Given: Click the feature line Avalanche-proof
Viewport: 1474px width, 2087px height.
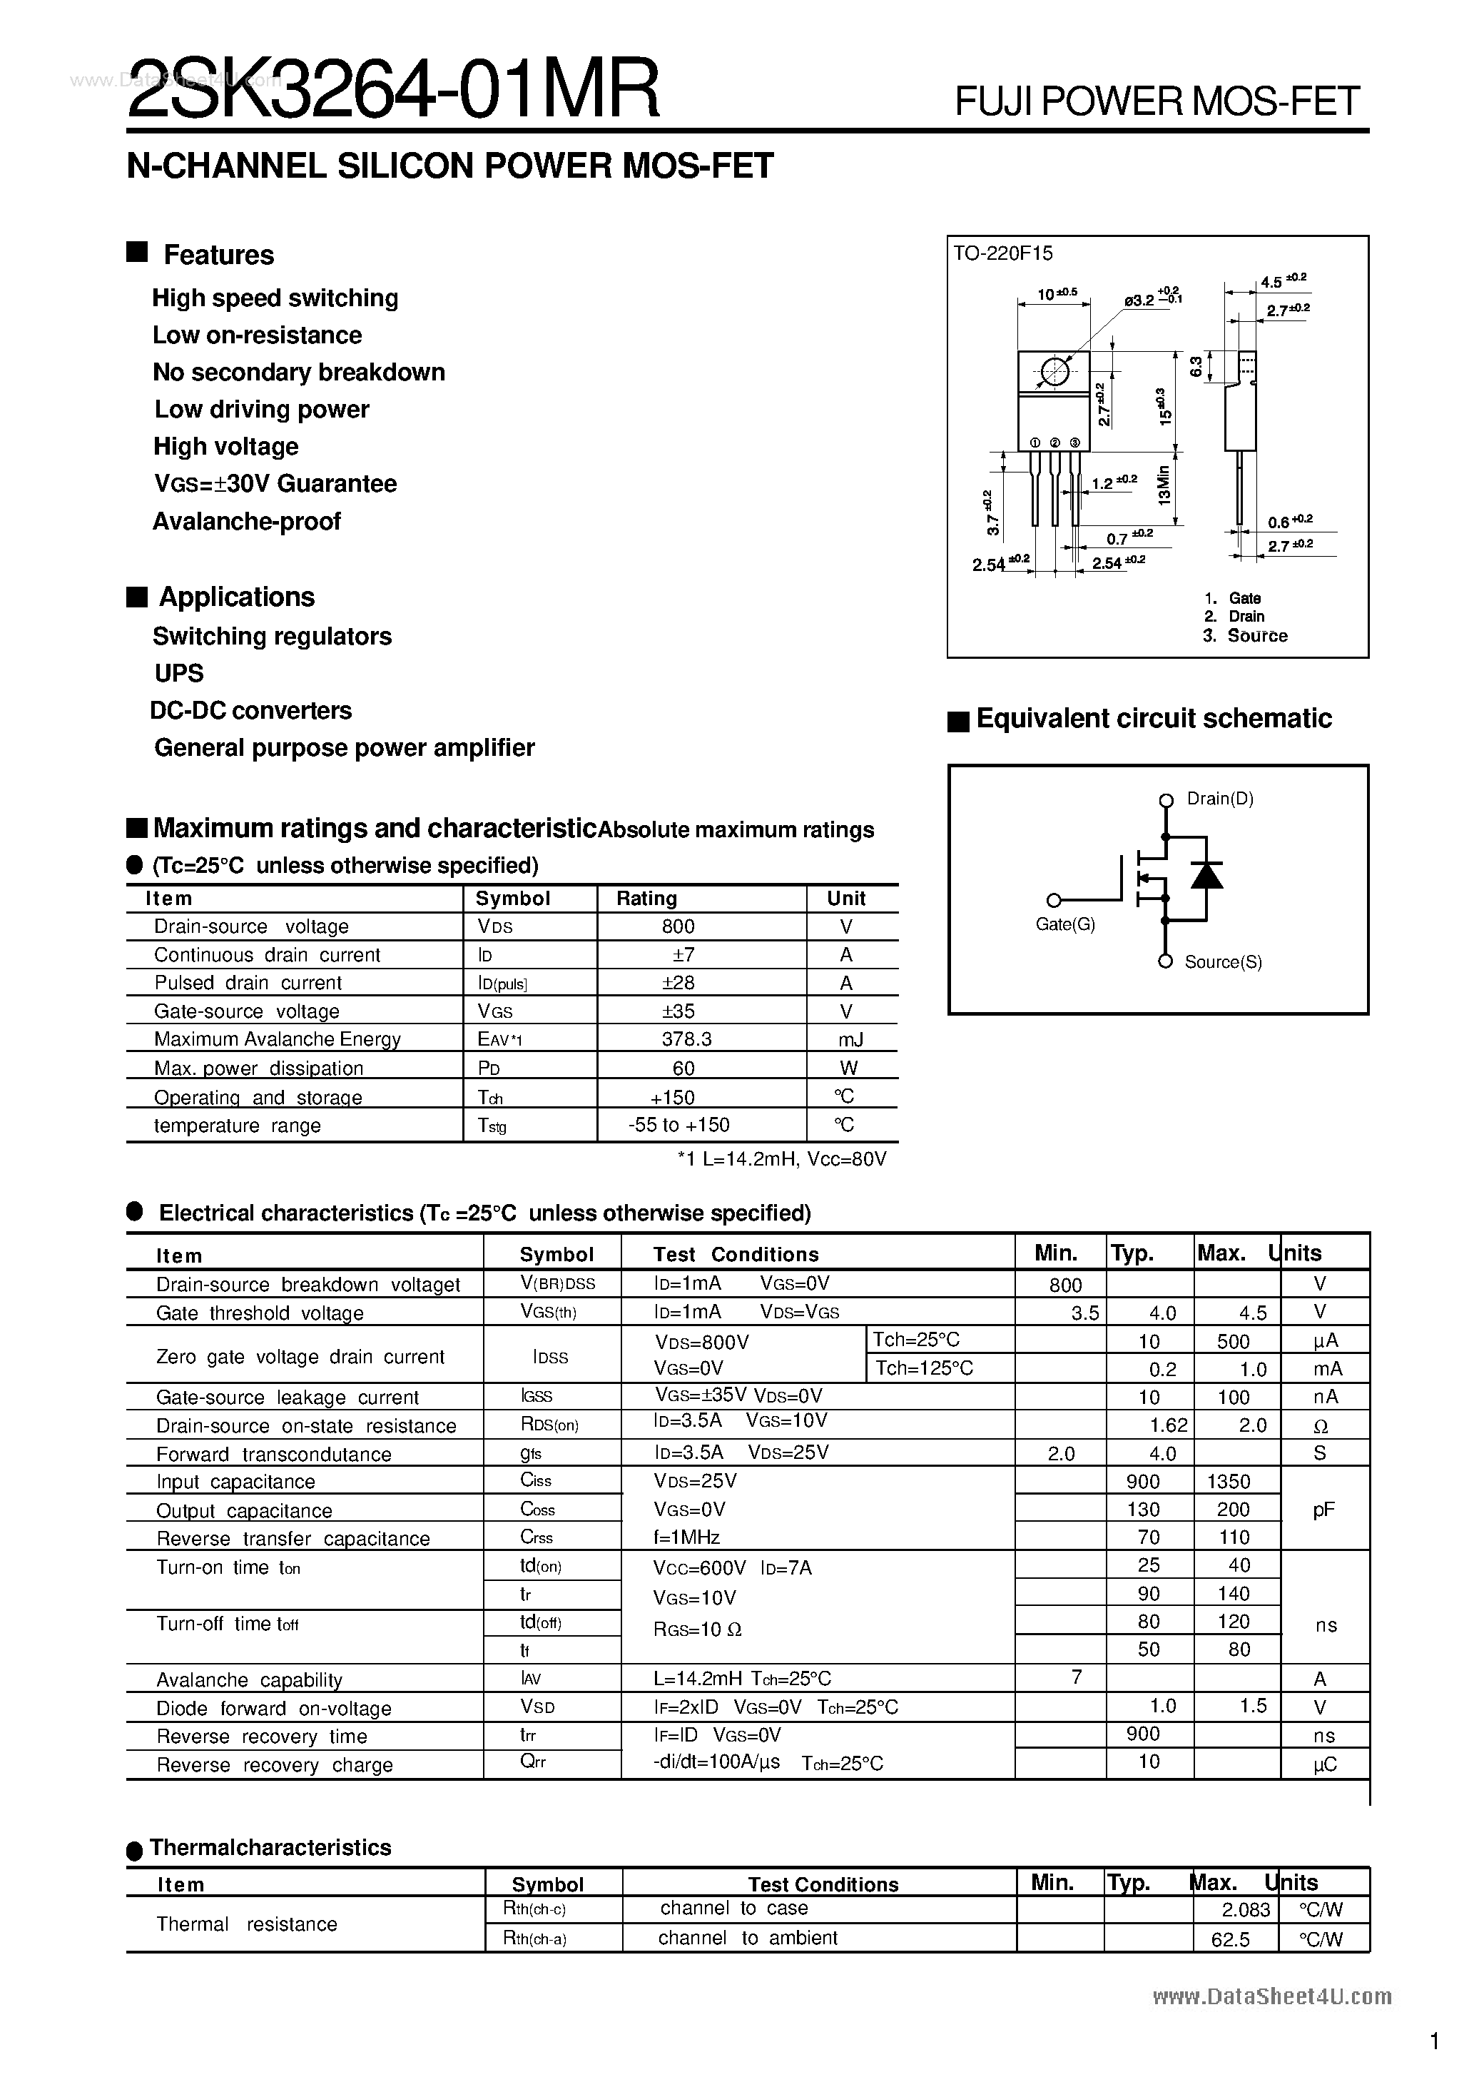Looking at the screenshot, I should [246, 522].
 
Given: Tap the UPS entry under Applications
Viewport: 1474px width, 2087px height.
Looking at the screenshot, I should [179, 674].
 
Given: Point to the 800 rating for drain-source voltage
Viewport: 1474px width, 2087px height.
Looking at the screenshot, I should [678, 926].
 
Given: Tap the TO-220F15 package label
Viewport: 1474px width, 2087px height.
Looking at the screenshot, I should [1002, 253].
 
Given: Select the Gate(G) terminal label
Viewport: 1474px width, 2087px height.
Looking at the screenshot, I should [1065, 924].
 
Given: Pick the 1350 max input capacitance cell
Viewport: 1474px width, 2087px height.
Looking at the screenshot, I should [1229, 1482].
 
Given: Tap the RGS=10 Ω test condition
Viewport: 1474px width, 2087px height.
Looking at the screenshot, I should [698, 1629].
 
